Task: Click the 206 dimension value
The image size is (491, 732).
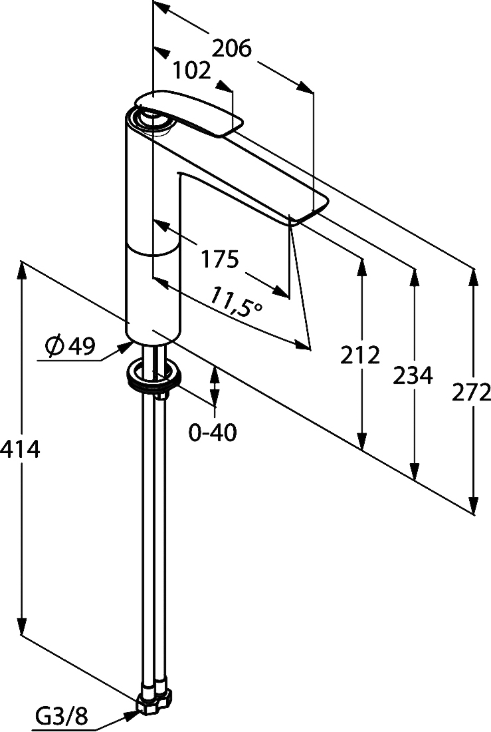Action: point(232,49)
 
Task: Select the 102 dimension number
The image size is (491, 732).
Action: point(191,71)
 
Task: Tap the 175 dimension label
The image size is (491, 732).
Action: point(220,259)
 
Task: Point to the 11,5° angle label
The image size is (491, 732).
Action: point(235,303)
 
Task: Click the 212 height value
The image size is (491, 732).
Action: point(360,355)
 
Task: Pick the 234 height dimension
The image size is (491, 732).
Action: point(413,376)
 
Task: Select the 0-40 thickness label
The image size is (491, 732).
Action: point(213,433)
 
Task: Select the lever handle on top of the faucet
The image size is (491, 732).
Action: point(189,113)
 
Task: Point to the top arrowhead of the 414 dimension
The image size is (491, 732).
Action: point(21,270)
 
